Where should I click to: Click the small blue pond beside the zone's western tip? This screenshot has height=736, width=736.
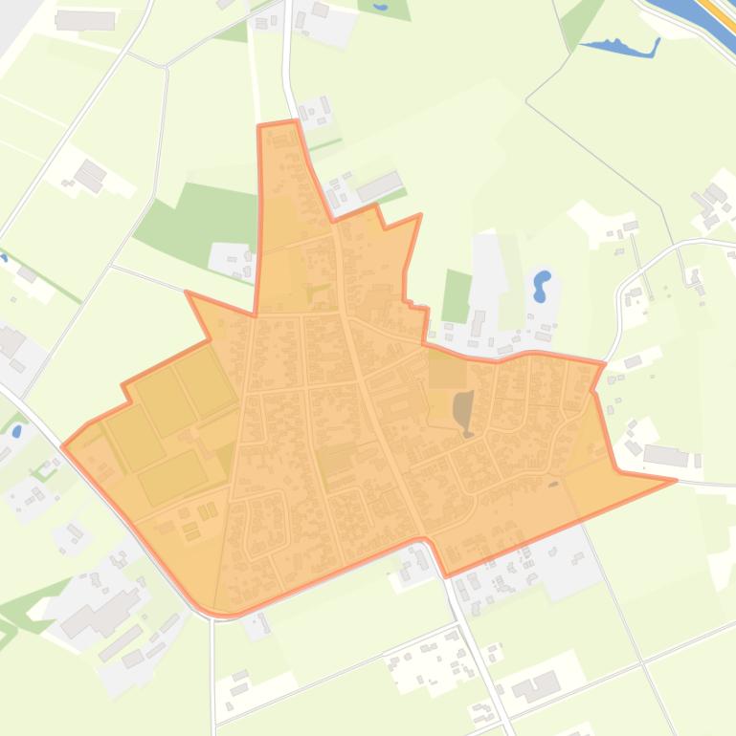(x=16, y=431)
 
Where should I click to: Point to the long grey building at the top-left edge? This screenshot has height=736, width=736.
(x=85, y=20)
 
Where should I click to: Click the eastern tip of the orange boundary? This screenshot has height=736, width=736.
(x=676, y=481)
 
